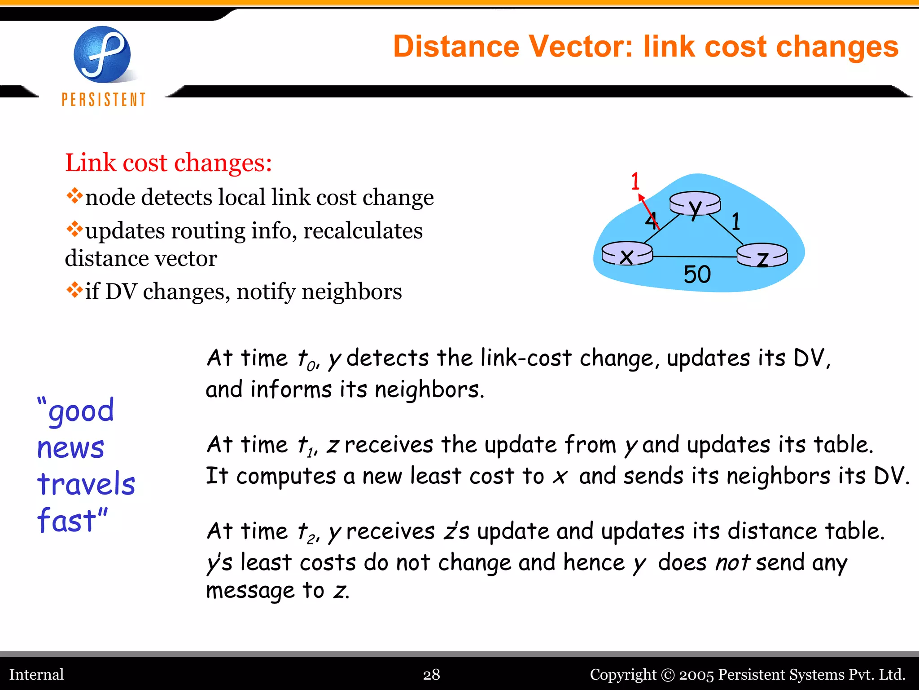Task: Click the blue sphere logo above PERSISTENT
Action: [102, 54]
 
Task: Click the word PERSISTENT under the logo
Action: [104, 99]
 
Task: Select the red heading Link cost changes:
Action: [168, 163]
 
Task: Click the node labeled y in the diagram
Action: [695, 203]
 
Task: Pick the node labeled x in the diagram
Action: [627, 254]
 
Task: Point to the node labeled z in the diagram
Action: [762, 255]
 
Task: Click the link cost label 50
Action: [697, 274]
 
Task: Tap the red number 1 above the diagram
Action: [635, 181]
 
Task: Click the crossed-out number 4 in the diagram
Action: [651, 221]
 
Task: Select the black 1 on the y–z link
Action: [735, 221]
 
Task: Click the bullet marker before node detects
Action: [74, 195]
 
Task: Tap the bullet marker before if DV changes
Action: [74, 290]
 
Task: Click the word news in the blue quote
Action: [71, 448]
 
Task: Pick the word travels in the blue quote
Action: [86, 484]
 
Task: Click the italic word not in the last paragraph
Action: [732, 562]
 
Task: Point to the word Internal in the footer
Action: [36, 674]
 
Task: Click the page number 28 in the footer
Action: [431, 674]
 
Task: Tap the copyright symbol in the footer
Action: [668, 675]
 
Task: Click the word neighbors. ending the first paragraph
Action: [429, 389]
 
